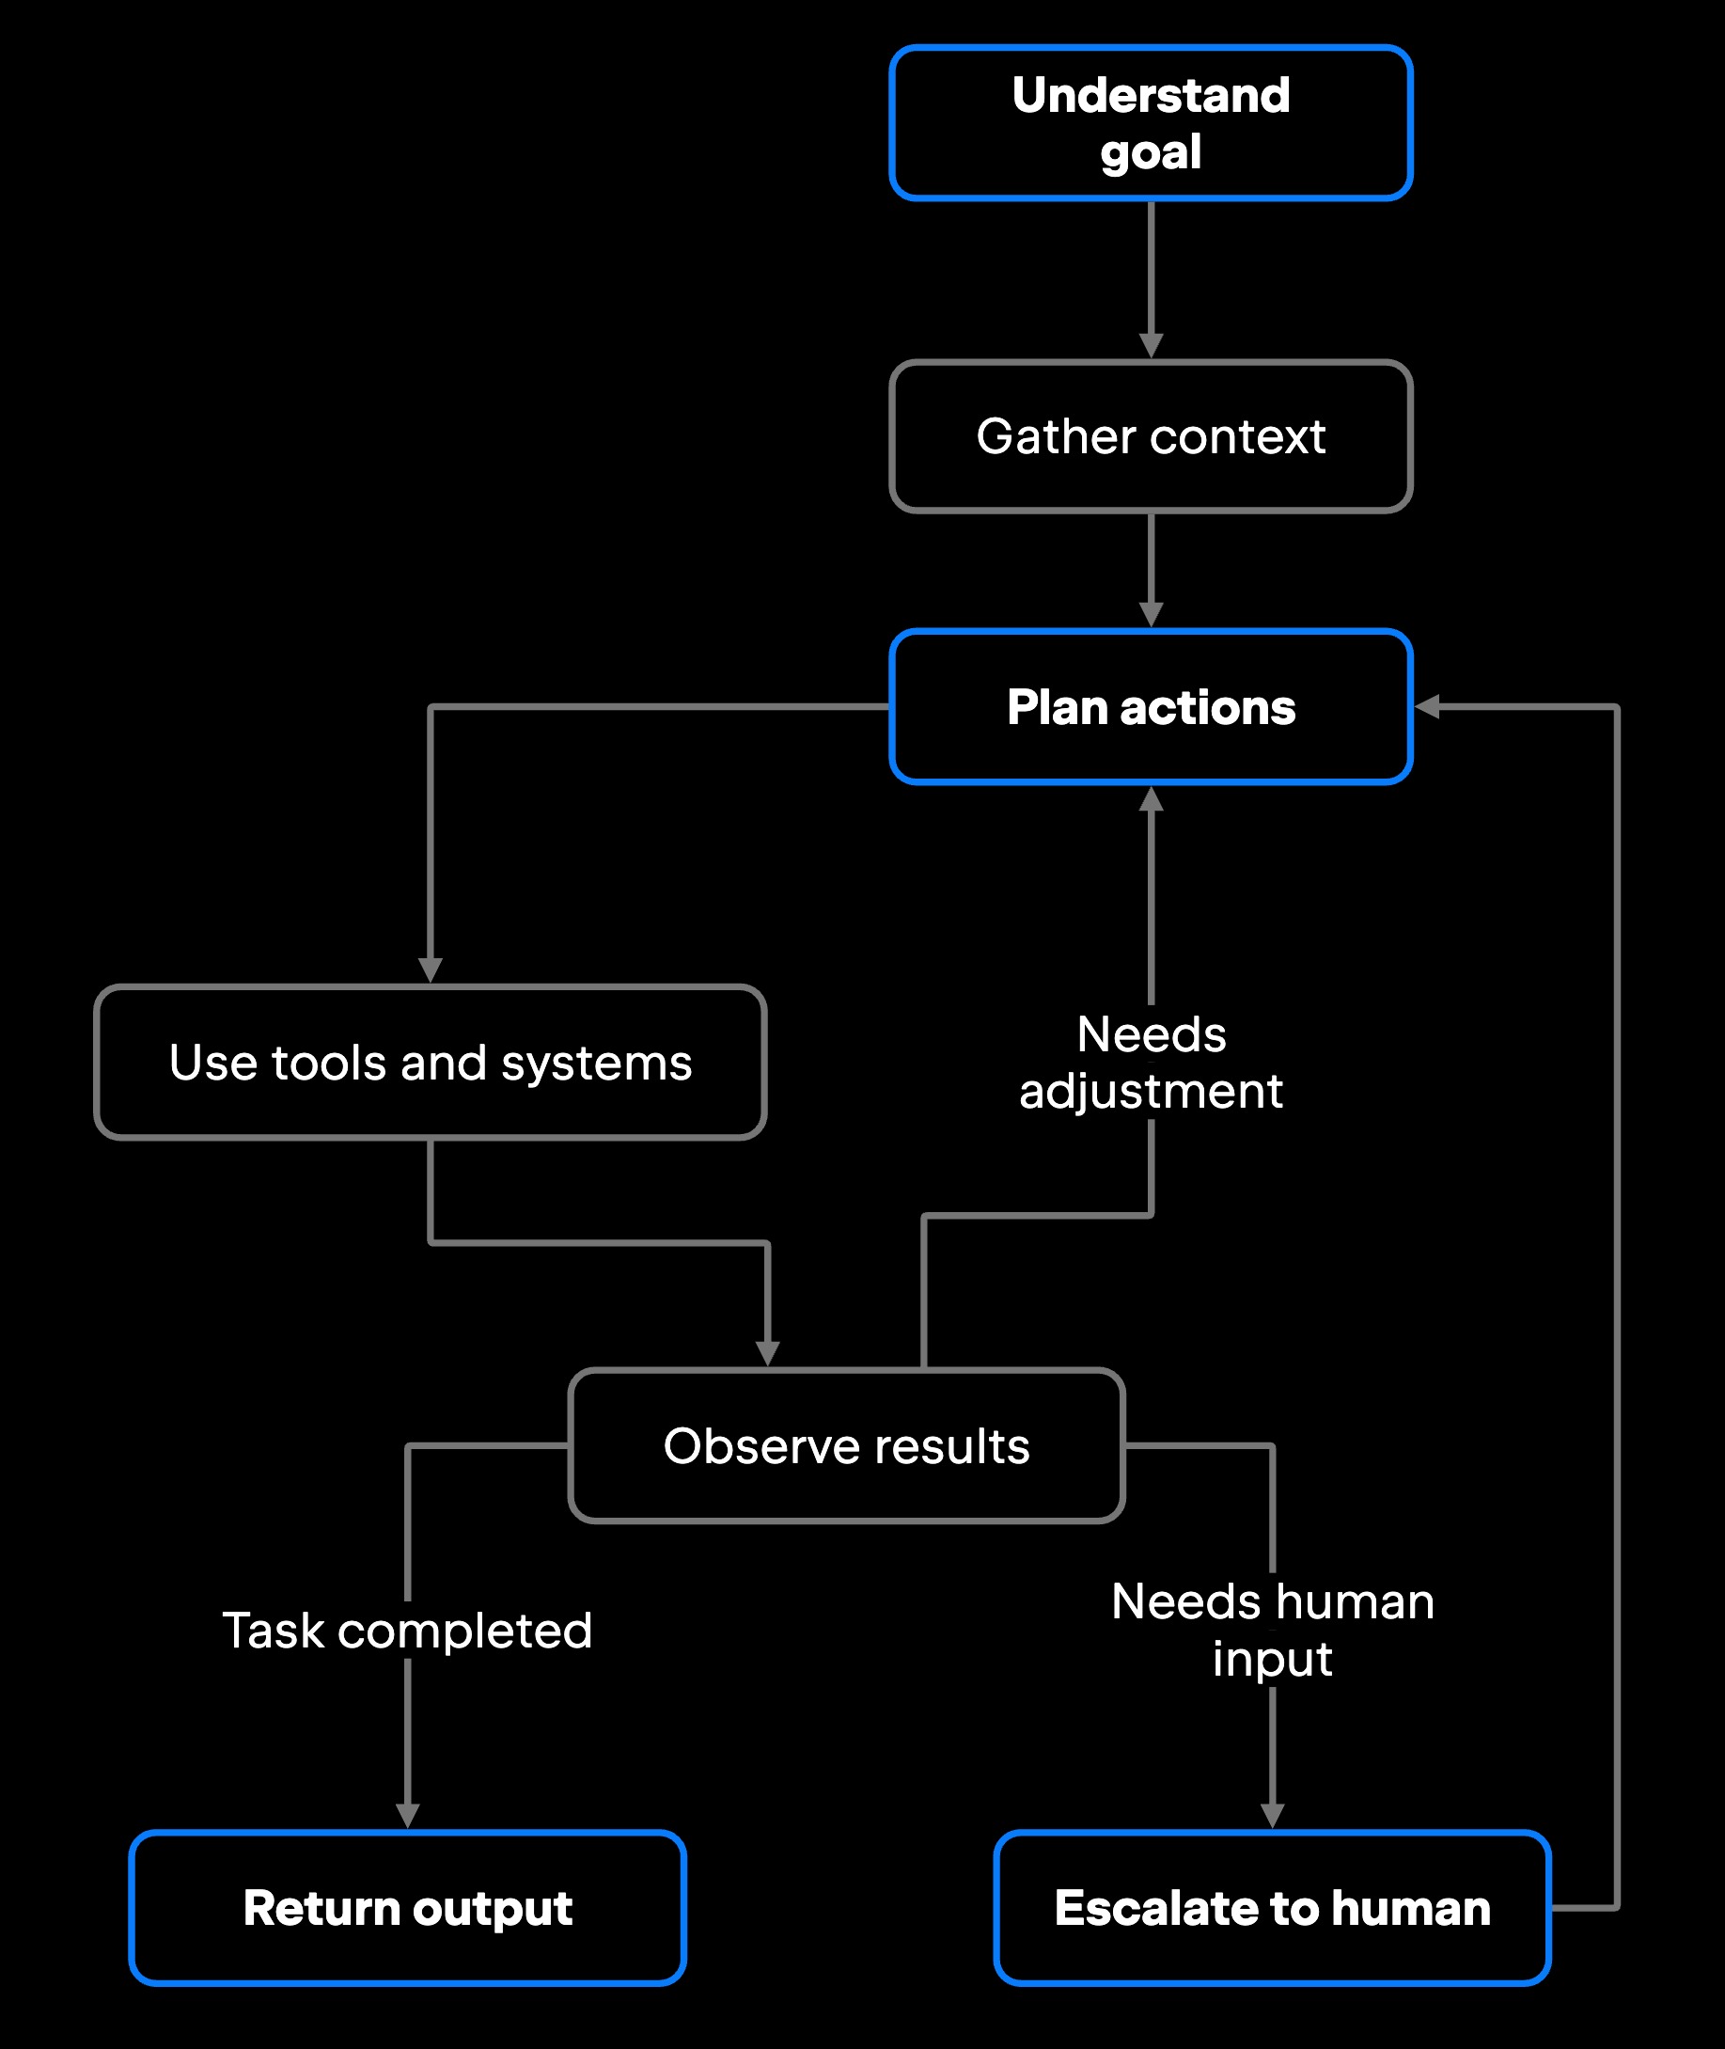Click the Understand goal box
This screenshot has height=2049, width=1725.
coord(1151,123)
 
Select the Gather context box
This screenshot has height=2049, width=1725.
coord(1151,436)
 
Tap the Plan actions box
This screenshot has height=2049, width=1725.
coord(1151,707)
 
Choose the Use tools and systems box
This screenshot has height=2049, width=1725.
coord(431,1063)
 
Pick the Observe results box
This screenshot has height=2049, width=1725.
coord(847,1445)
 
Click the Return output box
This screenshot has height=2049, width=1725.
coord(408,1908)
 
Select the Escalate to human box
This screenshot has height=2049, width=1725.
coord(1272,1908)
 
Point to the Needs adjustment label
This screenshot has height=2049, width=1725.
coord(1151,1063)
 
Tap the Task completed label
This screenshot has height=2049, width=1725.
coord(408,1631)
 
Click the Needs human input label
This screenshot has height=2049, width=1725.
coord(1272,1631)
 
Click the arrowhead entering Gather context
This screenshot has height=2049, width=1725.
coord(1151,346)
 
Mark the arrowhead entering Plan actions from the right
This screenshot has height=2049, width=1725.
coord(1427,707)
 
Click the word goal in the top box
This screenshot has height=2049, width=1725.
coord(1151,152)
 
